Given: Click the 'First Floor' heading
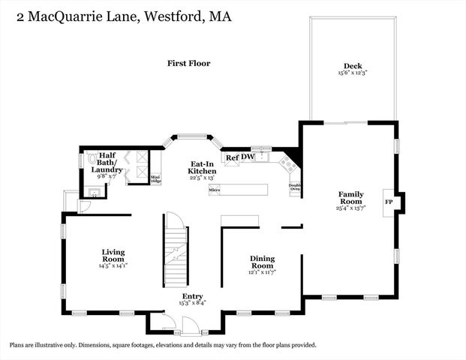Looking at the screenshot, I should coord(188,64).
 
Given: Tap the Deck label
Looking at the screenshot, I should coord(353,65).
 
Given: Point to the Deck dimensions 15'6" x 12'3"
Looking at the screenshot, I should coord(353,73).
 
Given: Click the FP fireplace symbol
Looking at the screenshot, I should coord(389,202).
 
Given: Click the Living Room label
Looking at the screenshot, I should coord(113,255).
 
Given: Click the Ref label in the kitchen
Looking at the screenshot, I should coord(233,157).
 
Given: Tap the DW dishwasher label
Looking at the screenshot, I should coord(248,157).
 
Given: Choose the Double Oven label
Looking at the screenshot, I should coord(295,187).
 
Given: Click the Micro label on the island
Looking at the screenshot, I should coord(214,191).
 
